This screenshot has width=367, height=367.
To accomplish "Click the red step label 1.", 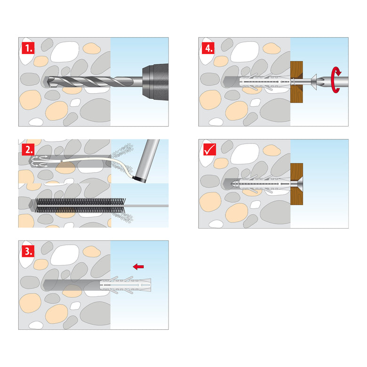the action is pos(28,48).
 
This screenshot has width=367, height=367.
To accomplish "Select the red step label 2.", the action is pos(28,150).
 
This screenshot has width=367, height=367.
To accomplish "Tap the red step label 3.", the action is pos(28,251).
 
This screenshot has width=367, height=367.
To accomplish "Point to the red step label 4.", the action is pos(208,48).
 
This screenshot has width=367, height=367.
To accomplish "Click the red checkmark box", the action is pos(210,150).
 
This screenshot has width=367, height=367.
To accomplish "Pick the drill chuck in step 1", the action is pos(155,82).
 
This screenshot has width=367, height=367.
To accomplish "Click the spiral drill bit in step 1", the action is pos(90,82).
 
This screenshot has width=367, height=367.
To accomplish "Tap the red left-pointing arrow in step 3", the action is pos(138,267).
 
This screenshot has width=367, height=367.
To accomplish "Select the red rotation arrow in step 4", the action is pos(336,80).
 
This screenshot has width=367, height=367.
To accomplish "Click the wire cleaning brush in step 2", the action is pos(80,206).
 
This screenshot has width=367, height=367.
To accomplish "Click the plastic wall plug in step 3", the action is pos(126,285).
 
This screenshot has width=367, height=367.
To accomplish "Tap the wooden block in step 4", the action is pos(296,82).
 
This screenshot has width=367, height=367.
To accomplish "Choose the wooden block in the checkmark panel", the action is pos(296,184).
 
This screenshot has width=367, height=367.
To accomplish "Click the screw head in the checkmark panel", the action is pos(298,184).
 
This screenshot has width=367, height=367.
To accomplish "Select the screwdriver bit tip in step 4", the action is pos(321,82).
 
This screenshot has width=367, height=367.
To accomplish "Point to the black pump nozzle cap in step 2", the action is pos(139,179).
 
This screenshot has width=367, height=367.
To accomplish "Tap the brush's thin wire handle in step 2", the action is pos(146,206).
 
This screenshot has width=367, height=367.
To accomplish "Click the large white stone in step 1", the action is pos(65,52).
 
